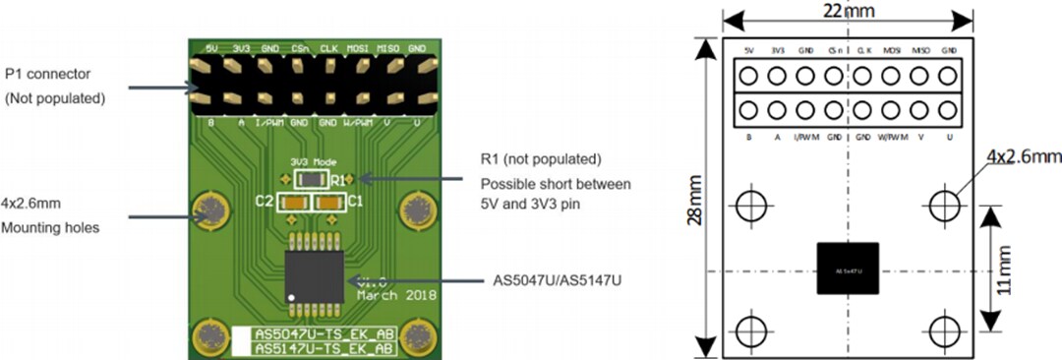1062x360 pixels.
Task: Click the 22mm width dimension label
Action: click(x=848, y=12)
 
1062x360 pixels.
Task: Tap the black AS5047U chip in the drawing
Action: click(x=848, y=268)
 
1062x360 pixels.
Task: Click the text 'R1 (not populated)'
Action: click(x=540, y=159)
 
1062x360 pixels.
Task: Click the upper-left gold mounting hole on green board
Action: click(x=210, y=209)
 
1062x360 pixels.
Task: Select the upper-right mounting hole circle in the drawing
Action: click(x=946, y=205)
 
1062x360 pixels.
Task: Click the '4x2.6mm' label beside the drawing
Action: click(x=1023, y=156)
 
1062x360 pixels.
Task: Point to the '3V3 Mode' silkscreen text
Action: click(x=312, y=162)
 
